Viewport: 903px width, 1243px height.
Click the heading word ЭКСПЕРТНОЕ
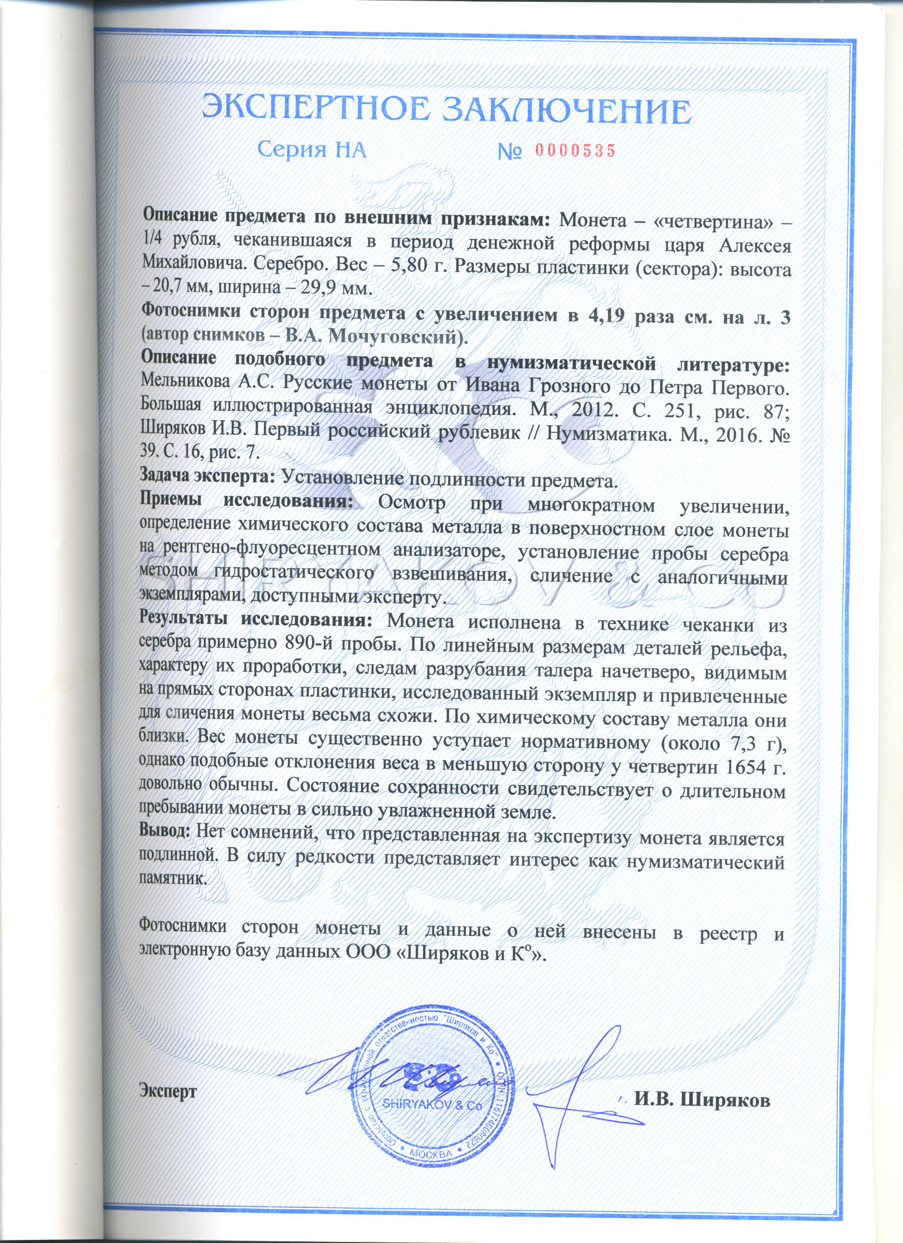pos(316,109)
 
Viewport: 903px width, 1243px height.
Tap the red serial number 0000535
pos(575,150)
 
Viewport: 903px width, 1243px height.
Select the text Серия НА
pos(311,150)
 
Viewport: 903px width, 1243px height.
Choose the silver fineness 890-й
pos(311,643)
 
